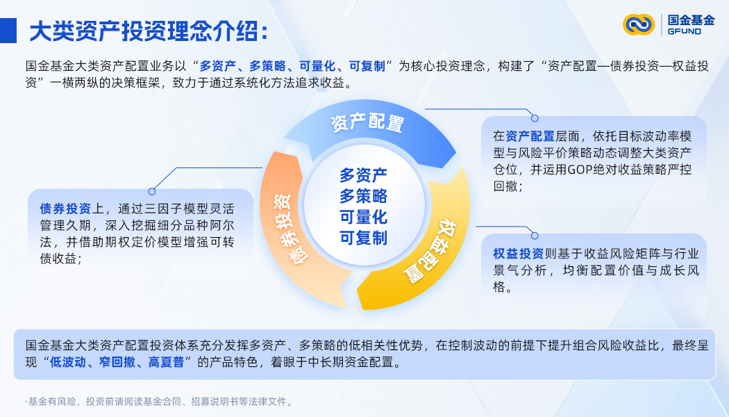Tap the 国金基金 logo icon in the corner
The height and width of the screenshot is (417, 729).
(638, 25)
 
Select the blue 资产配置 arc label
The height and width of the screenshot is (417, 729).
(367, 124)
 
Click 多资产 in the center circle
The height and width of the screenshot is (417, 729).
(363, 174)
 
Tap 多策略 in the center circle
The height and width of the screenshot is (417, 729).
(363, 195)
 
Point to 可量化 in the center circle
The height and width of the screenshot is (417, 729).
(363, 216)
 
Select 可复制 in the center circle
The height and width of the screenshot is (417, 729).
(363, 238)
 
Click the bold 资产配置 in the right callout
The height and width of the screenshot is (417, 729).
(530, 136)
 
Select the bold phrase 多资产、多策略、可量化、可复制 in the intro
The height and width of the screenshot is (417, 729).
(292, 67)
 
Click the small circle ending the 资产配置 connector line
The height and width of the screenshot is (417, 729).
(534, 118)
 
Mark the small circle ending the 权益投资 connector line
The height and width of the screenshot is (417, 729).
(534, 235)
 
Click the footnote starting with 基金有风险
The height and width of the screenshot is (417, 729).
(159, 402)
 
